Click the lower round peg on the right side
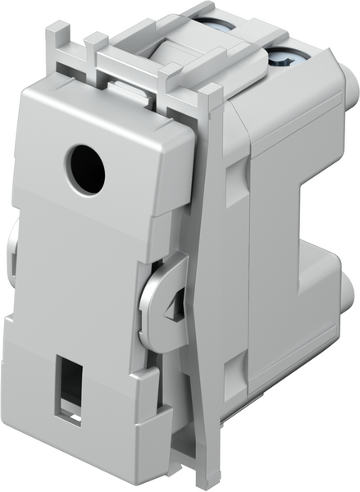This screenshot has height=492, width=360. pyautogui.click(x=351, y=289)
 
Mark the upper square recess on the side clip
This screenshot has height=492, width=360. pyautogui.click(x=232, y=175)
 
